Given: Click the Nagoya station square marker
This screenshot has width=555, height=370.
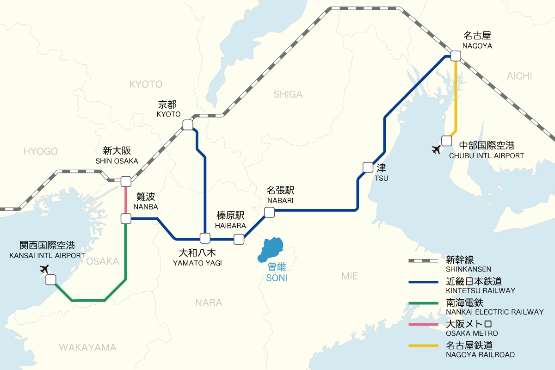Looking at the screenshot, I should tap(456, 56).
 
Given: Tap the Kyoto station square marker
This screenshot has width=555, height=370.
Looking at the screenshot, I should tap(188, 125).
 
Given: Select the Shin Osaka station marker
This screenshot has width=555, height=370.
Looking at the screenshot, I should tap(125, 181).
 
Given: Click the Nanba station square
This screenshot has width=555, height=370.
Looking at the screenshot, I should tap(125, 218).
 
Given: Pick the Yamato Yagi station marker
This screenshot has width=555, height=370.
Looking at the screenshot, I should tap(205, 239).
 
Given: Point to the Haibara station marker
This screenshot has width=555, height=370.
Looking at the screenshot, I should tap(239, 239).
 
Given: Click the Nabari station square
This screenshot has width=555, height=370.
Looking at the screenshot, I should tap(269, 212).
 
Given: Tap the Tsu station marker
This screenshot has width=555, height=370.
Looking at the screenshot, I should tap(368, 167).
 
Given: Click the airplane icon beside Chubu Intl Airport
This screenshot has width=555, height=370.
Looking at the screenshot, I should tap(436, 149).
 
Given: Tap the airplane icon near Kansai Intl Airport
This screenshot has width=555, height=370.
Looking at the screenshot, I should tap(44, 269).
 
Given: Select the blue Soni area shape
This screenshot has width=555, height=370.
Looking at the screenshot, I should tap(271, 249).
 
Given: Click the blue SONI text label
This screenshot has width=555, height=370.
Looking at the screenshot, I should tap(277, 278).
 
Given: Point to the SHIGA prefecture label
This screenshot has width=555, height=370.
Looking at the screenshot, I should tap(288, 94).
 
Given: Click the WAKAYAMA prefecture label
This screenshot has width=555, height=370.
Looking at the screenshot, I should tap(87, 347).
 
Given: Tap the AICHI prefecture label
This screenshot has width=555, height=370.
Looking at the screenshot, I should tap(519, 76).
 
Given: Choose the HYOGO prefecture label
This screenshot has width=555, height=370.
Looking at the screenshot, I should tap(40, 151).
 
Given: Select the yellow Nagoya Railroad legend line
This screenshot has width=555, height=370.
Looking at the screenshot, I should tap(423, 345).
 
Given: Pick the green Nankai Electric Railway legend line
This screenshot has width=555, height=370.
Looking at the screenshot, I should tap(423, 303).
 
